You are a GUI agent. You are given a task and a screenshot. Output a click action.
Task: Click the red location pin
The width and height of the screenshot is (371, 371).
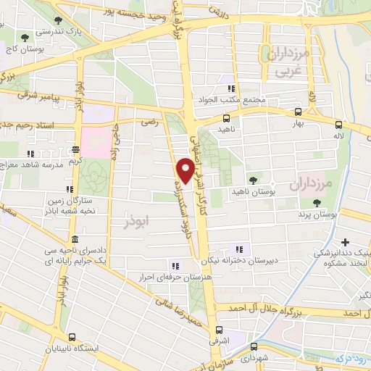pyautogui.click(x=185, y=170)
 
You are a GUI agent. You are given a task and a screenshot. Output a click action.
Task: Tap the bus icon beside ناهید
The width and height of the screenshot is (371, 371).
pyautogui.click(x=227, y=118)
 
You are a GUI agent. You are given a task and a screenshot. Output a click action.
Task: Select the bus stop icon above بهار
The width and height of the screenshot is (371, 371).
pyautogui.click(x=298, y=112)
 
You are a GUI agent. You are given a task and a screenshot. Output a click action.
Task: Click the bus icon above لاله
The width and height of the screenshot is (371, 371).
pyautogui.click(x=338, y=125)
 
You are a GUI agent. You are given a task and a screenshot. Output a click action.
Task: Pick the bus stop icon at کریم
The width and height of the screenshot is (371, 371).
pyautogui.click(x=76, y=150)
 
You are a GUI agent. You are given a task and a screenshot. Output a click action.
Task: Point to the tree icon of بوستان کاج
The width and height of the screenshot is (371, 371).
pyautogui.click(x=25, y=36)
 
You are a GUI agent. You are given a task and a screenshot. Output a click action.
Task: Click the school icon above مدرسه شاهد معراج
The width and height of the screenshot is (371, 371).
pyautogui.click(x=30, y=154)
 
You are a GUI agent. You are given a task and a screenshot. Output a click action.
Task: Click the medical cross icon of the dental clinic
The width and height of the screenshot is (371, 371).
pyautogui.click(x=345, y=242)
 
